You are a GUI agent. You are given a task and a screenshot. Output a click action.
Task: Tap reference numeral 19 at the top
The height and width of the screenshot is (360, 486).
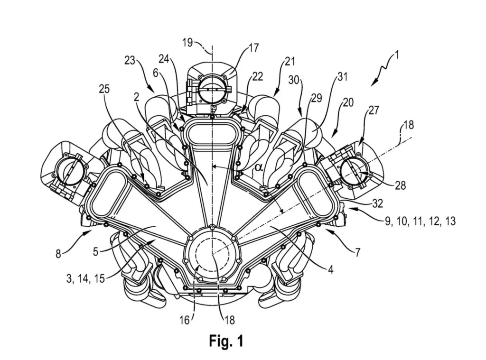(x=188, y=42)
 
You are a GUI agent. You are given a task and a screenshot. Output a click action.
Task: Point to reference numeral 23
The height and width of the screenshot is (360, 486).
(x=131, y=61)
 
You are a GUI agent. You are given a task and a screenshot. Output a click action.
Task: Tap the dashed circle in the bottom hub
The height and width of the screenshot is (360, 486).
(x=212, y=257)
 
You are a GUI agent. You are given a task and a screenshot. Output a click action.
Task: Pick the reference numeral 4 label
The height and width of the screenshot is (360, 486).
(x=329, y=271)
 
